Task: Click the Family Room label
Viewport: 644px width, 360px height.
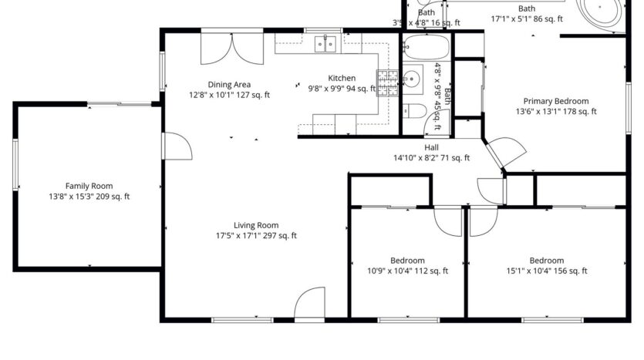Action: click(89, 186)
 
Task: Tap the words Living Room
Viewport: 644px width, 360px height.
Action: click(257, 225)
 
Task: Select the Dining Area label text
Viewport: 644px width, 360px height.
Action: click(229, 85)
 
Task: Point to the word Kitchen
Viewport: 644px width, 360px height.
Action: click(342, 78)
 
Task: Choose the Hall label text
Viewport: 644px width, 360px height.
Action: click(431, 147)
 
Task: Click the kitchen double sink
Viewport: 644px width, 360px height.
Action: click(324, 44)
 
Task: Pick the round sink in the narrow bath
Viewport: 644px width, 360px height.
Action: click(413, 78)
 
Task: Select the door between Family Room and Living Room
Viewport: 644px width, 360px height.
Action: click(177, 146)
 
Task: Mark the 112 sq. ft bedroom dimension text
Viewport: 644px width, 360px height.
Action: click(406, 271)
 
